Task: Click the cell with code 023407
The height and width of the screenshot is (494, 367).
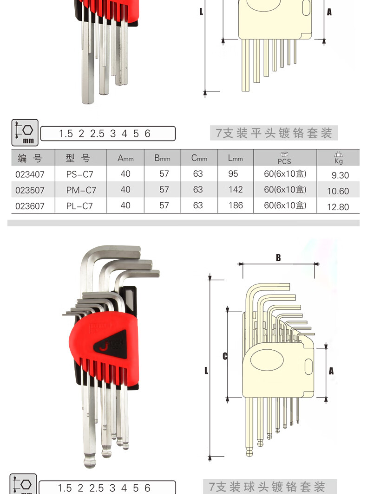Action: coord(30,174)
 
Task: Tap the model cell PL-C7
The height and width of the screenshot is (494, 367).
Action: coord(79,206)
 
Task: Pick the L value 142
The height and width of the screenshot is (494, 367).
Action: coord(236,189)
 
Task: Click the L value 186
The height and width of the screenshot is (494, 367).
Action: coord(236,205)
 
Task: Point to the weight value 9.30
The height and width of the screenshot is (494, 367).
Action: coord(340,175)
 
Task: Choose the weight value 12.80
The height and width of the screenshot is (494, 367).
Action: coord(338,207)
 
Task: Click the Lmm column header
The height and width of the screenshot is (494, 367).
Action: coord(236,158)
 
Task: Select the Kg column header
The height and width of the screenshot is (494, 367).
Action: coord(339,158)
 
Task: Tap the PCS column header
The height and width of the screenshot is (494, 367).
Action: coord(284,158)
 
